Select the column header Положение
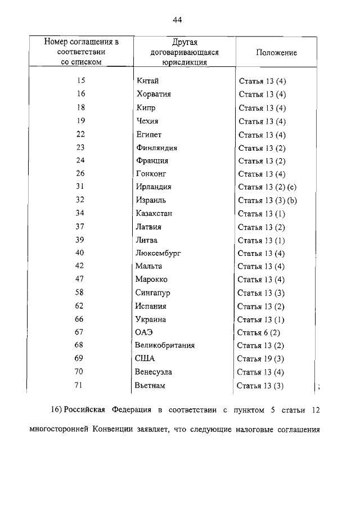coord(276,52)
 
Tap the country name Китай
coord(147,82)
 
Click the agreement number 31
coord(80,187)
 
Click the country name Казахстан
coord(154,213)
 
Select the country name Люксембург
coord(158,253)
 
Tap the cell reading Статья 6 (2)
coord(259,332)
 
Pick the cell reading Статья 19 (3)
coord(261,359)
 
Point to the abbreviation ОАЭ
coord(144,332)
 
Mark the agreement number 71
coord(79,385)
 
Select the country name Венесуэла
coord(154,372)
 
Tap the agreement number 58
coord(79,292)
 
